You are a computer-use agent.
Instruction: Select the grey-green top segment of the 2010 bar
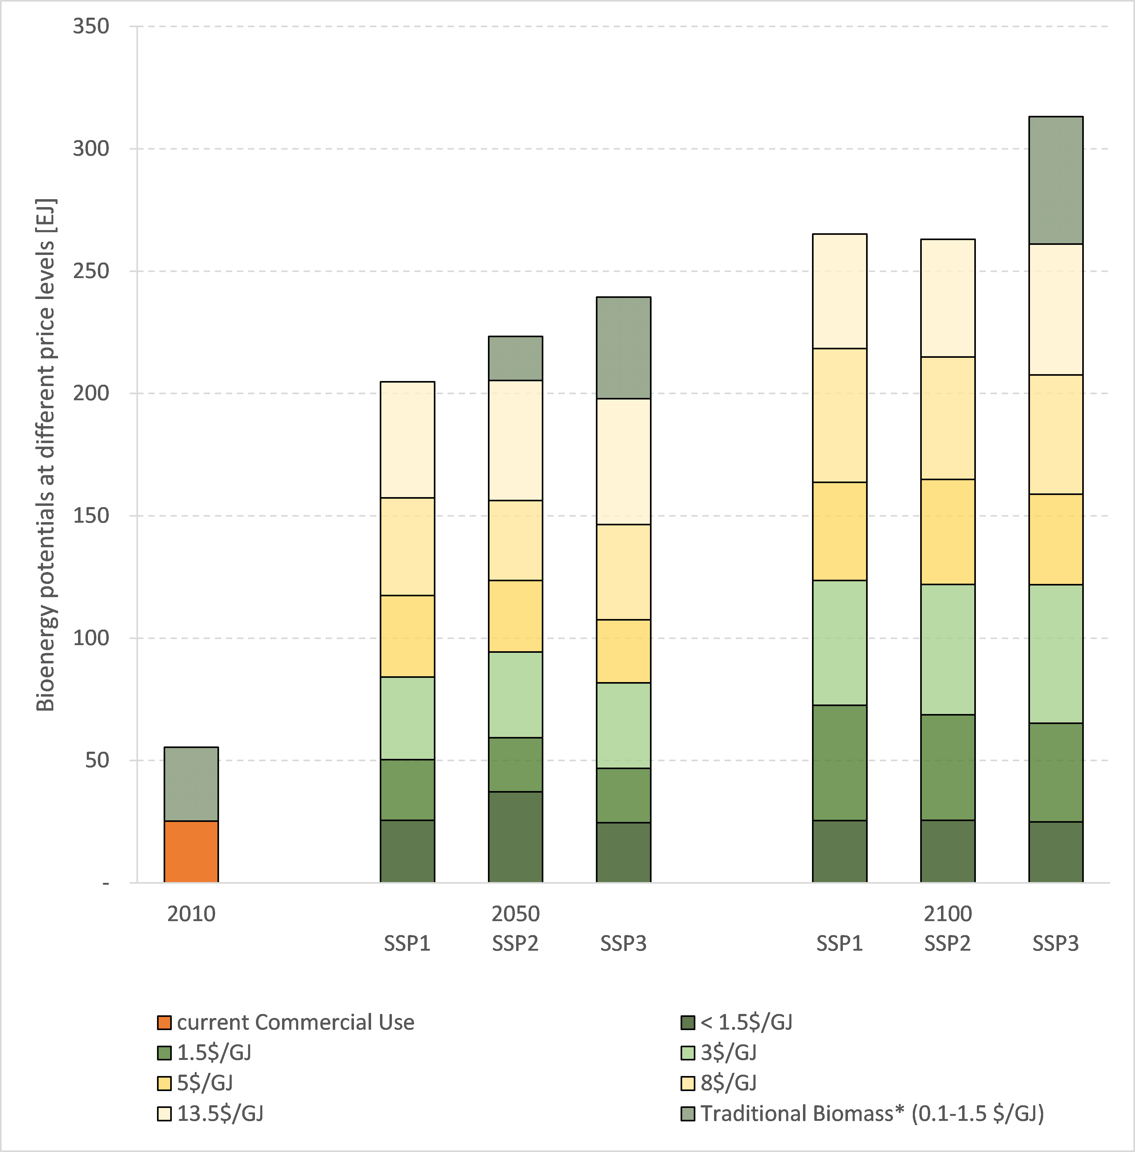pyautogui.click(x=191, y=784)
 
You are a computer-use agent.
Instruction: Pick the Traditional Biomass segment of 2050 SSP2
pyautogui.click(x=515, y=358)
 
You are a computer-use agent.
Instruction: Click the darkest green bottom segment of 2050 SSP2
pyautogui.click(x=515, y=837)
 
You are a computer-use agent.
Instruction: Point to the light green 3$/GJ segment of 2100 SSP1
pyautogui.click(x=839, y=642)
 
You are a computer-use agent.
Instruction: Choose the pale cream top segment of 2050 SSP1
pyautogui.click(x=407, y=439)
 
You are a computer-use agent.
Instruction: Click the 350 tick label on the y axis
pyautogui.click(x=91, y=26)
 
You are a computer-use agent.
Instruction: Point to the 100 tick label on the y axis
pyautogui.click(x=91, y=638)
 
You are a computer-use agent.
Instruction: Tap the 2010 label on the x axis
pyautogui.click(x=191, y=914)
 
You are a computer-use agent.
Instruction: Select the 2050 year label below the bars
pyautogui.click(x=515, y=914)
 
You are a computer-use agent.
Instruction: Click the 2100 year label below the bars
pyautogui.click(x=947, y=914)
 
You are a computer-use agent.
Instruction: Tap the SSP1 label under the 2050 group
pyautogui.click(x=407, y=943)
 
